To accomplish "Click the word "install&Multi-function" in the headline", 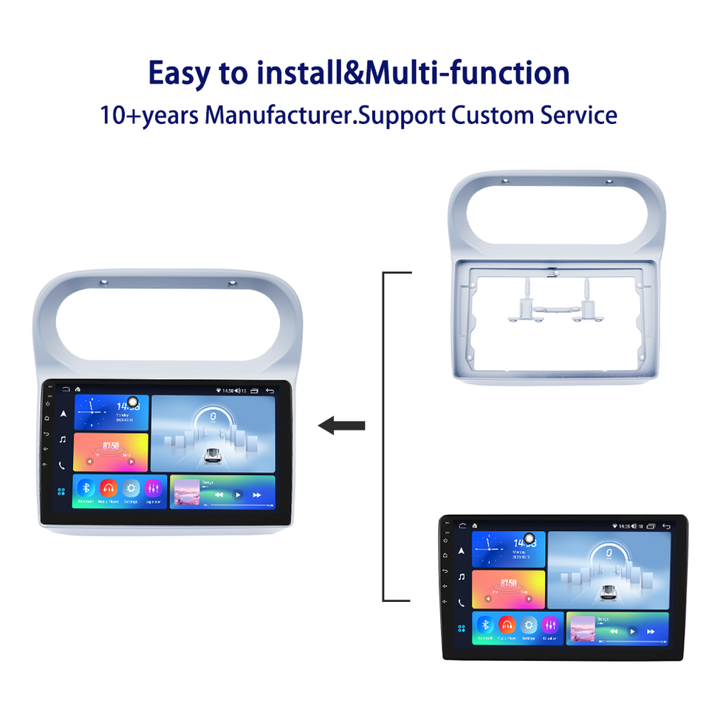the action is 414,74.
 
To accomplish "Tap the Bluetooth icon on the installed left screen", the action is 86,488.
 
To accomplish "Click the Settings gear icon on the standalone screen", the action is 528,624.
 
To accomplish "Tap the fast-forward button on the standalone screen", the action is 651,631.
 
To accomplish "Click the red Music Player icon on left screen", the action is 109,488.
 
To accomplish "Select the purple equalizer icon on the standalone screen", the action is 550,624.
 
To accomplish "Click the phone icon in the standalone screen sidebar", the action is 461,603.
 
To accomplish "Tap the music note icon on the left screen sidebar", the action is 62,439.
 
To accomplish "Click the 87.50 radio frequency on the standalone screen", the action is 508,583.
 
